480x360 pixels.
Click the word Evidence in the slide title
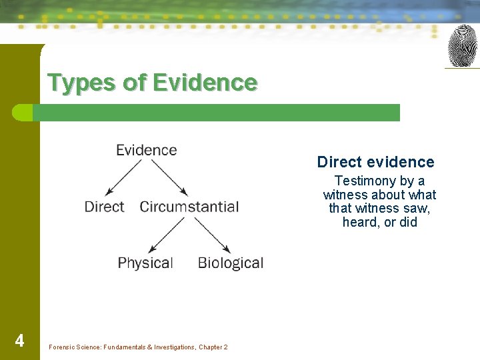(205, 83)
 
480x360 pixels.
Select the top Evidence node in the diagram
(147, 150)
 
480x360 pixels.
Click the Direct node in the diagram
(104, 207)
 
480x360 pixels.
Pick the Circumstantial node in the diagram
(189, 207)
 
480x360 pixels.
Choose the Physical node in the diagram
(145, 263)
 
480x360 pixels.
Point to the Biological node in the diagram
(231, 263)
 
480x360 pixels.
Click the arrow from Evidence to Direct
(123, 177)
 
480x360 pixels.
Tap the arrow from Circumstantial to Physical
(168, 235)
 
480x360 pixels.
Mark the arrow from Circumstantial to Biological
(212, 235)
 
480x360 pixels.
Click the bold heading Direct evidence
(375, 162)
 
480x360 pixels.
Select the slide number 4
(19, 341)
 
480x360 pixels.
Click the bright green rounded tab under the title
(23, 113)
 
